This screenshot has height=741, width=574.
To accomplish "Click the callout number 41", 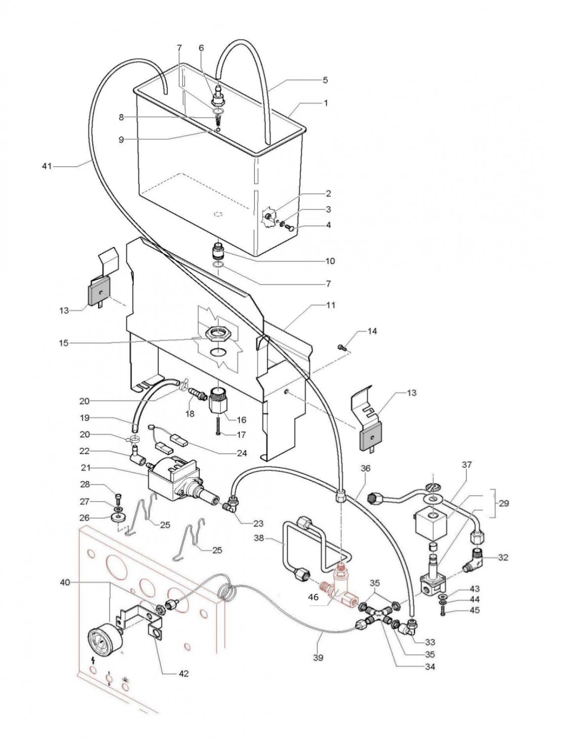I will tap(46, 166).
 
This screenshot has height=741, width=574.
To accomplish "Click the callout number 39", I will tap(318, 658).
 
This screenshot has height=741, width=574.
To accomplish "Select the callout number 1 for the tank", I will tap(326, 103).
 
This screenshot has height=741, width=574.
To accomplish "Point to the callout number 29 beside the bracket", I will tap(503, 503).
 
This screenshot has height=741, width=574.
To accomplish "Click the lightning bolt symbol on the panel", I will tap(93, 660).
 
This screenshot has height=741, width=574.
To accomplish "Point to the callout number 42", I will tap(183, 673).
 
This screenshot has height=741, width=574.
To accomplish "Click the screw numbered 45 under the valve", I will tap(442, 611).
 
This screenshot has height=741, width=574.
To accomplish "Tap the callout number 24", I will tap(242, 453).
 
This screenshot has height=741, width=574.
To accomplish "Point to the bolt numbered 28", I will tap(117, 497).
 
